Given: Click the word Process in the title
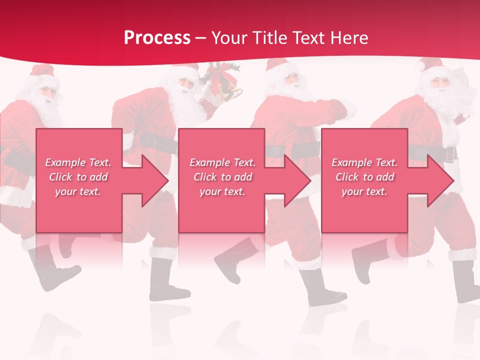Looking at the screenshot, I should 157,38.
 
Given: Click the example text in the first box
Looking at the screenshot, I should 78,177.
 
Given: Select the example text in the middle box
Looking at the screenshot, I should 222,177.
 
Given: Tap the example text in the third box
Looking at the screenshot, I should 364,177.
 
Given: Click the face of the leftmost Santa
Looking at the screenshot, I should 46,93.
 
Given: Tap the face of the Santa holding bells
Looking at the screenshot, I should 186,82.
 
